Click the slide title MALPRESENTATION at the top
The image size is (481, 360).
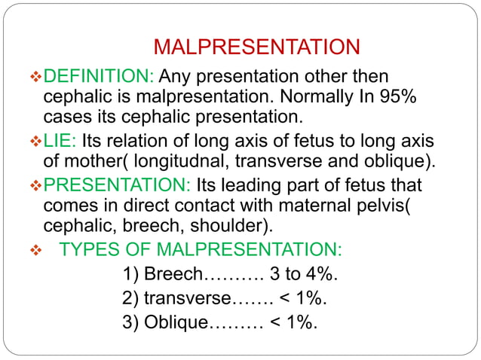tap(256, 47)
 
